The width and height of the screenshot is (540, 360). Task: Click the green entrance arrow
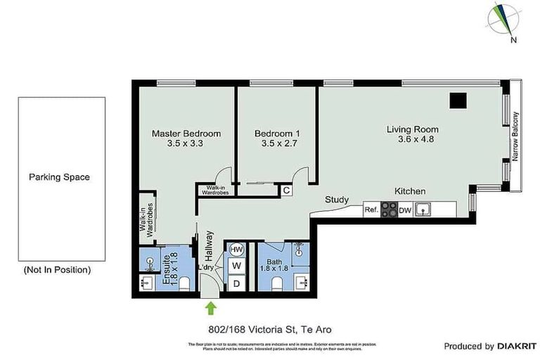click(x=210, y=307)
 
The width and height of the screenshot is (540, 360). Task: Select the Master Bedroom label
click(x=186, y=134)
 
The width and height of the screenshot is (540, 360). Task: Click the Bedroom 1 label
click(x=277, y=134)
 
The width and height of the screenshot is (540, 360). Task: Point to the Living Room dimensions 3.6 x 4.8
click(x=413, y=139)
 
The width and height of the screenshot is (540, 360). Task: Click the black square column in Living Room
click(x=458, y=101)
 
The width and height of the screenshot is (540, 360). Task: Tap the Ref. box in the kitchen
click(x=371, y=210)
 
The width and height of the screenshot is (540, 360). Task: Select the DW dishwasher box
click(x=405, y=210)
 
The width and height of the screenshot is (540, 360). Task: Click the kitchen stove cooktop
click(x=389, y=210)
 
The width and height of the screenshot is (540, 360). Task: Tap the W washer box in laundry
click(x=237, y=266)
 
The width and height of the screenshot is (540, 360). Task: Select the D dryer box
click(x=237, y=283)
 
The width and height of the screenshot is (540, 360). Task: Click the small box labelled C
click(x=286, y=190)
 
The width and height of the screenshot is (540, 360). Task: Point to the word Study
click(x=337, y=200)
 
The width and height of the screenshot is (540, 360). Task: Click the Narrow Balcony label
click(x=515, y=137)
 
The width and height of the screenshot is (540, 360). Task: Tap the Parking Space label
click(x=59, y=177)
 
